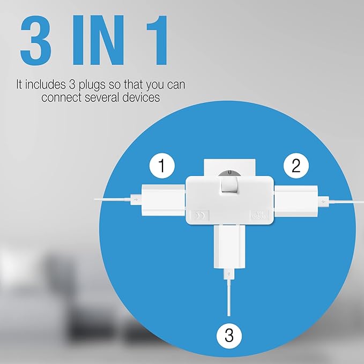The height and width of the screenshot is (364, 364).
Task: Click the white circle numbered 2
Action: (x=295, y=167)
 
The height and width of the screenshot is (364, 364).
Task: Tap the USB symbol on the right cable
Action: (x=323, y=201)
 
